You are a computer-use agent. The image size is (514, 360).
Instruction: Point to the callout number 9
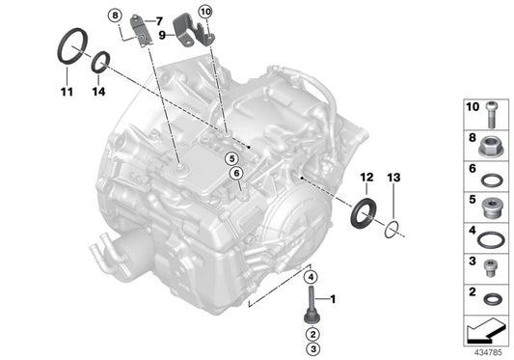[164, 35]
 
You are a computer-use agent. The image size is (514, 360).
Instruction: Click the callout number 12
[366, 178]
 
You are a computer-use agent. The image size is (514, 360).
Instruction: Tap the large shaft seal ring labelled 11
[70, 47]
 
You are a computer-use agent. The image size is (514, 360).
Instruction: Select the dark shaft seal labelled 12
[366, 212]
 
